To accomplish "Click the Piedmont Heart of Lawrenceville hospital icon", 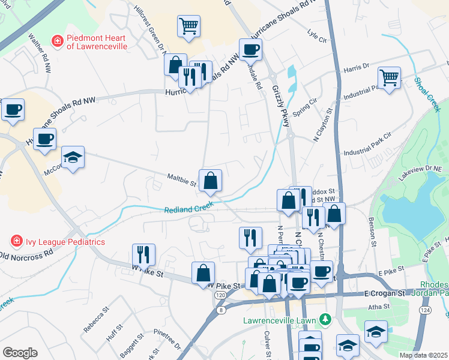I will coord(57,41).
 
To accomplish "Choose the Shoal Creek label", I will coord(427,94).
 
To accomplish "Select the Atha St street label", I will coord(378,307).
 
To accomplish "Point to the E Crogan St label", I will coord(384,293).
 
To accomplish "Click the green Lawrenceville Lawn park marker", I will coord(325,318).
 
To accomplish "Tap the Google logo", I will coord(20,353).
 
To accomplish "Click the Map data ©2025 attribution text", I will coord(423,355).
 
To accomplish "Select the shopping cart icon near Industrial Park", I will coord(389,77).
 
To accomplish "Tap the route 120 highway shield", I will coord(220,296).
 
